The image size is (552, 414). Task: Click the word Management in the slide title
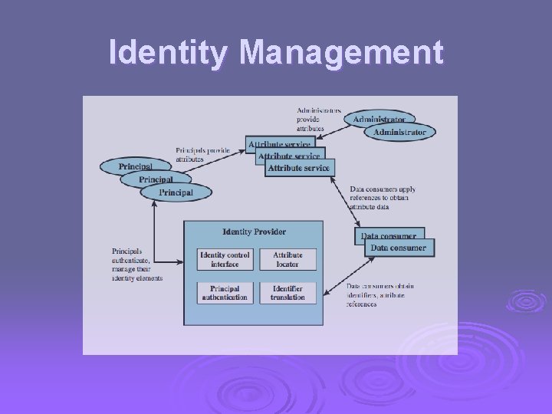(341, 53)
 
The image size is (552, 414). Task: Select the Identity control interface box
(225, 260)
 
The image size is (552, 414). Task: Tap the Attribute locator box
(287, 260)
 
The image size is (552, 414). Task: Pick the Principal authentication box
(225, 292)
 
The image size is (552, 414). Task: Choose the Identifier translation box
(287, 292)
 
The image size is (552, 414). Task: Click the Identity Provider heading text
(254, 232)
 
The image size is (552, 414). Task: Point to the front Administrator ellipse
(399, 132)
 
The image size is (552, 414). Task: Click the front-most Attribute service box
(299, 168)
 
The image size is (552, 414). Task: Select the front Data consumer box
(398, 248)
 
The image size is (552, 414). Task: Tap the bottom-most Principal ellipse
(176, 192)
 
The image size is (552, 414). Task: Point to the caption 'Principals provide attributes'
(202, 154)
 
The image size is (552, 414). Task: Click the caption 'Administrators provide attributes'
(318, 119)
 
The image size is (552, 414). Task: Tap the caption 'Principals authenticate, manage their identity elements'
(137, 264)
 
